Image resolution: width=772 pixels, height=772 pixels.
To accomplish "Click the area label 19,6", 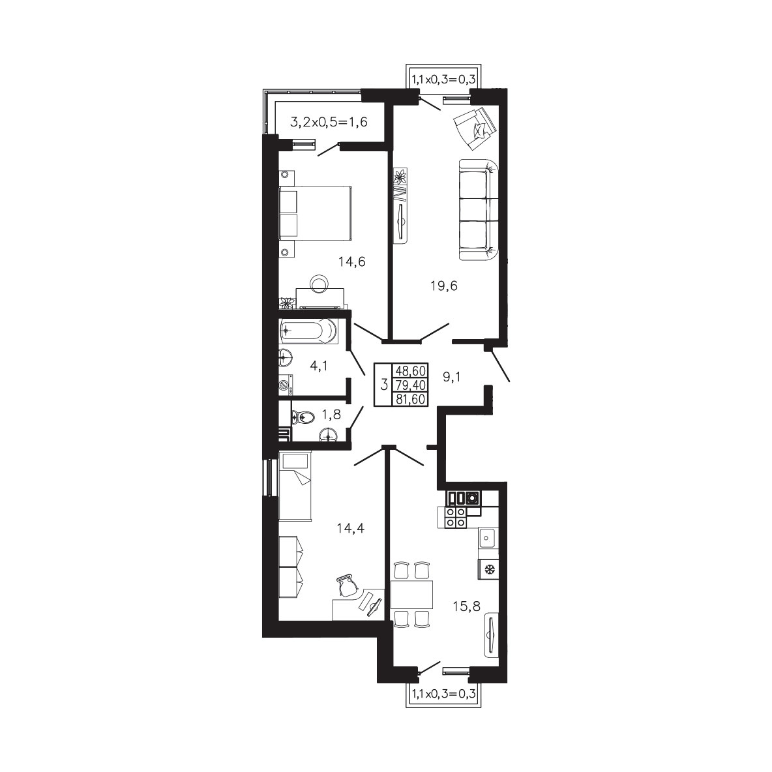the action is (x=444, y=286).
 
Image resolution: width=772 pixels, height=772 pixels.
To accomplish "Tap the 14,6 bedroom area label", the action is (x=352, y=262).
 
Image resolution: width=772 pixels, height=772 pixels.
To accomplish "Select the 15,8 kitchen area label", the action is (x=467, y=606).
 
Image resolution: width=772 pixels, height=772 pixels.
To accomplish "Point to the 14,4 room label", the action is (x=351, y=529).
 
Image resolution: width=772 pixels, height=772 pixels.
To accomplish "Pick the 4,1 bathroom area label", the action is (x=319, y=366).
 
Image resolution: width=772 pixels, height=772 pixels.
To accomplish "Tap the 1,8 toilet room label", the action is (x=331, y=415).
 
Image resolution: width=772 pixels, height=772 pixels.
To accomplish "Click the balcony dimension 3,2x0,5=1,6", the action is (x=329, y=122).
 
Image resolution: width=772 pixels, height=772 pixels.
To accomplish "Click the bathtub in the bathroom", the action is (x=308, y=331).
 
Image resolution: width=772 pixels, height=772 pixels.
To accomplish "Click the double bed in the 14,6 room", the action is (x=315, y=213).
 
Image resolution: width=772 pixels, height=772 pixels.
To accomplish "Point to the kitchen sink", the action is (x=488, y=538).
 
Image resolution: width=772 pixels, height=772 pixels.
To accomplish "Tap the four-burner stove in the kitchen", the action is (x=455, y=518).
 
